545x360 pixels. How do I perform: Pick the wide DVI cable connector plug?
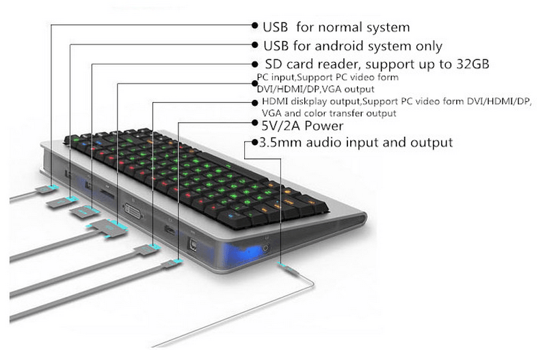click(110, 229)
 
